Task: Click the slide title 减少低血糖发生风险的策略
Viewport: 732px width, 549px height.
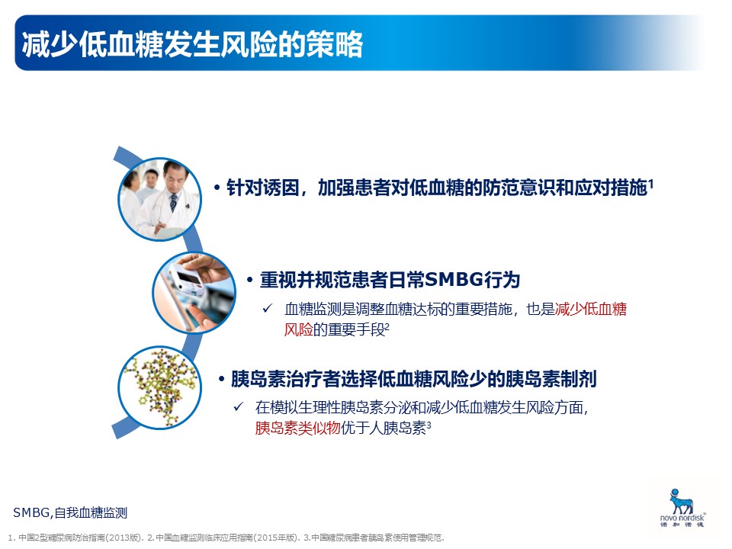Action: pyautogui.click(x=192, y=45)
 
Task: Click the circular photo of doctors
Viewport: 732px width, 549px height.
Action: pyautogui.click(x=159, y=199)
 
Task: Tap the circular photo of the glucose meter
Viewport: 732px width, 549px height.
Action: pyautogui.click(x=194, y=292)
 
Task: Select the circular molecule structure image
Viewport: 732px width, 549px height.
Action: pyautogui.click(x=159, y=387)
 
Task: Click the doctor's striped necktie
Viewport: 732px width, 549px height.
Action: pyautogui.click(x=173, y=203)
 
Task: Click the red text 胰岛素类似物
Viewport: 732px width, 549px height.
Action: pyautogui.click(x=298, y=428)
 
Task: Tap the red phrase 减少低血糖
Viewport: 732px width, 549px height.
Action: pyautogui.click(x=590, y=309)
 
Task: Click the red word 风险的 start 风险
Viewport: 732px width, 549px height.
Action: pyautogui.click(x=299, y=329)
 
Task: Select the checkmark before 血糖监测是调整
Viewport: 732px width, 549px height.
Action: pyautogui.click(x=268, y=308)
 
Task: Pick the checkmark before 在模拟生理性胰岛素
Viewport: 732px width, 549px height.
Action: pyautogui.click(x=239, y=406)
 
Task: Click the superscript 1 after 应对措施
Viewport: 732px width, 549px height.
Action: pyautogui.click(x=650, y=184)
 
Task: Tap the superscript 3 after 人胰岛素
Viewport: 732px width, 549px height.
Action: pyautogui.click(x=429, y=425)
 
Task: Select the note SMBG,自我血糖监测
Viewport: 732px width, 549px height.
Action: pyautogui.click(x=70, y=512)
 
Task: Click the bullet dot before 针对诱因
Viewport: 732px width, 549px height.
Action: pyautogui.click(x=217, y=188)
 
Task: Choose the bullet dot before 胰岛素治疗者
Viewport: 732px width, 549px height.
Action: pyautogui.click(x=222, y=379)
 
